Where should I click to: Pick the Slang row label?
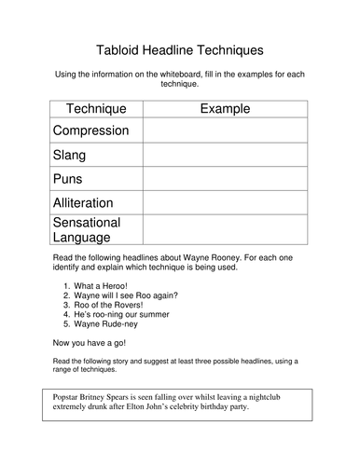77,154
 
